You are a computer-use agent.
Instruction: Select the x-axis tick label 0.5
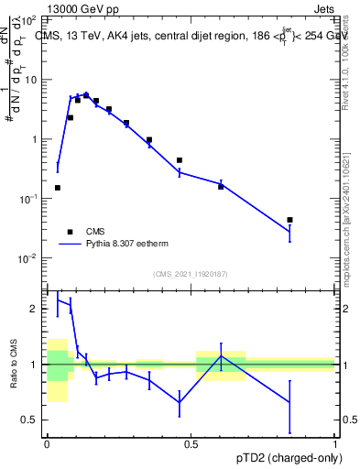point(191,444)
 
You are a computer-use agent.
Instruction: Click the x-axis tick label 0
point(47,444)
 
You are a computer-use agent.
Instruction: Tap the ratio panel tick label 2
point(38,309)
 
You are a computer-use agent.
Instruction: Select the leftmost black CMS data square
point(58,188)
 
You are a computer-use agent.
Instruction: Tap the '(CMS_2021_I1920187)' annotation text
point(191,274)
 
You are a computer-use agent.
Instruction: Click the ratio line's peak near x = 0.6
point(221,356)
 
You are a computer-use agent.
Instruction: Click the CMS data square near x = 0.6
point(221,186)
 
